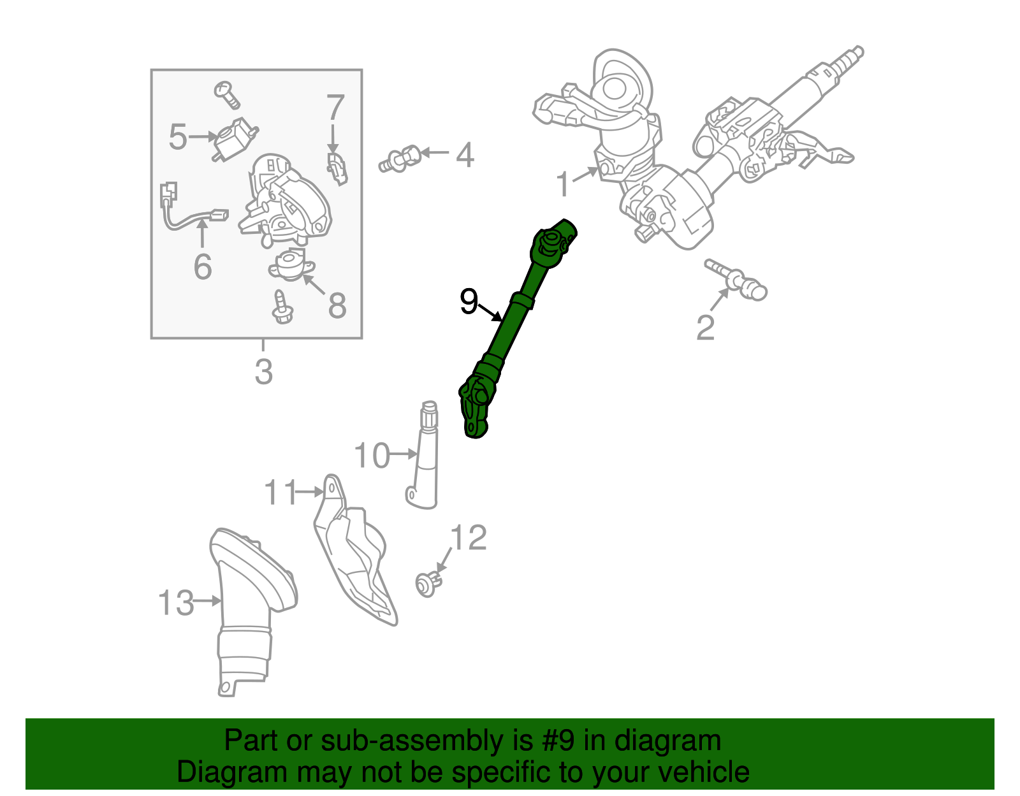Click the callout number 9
[x=469, y=301]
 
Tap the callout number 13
[x=176, y=602]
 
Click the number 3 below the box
[x=263, y=371]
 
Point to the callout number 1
[x=564, y=184]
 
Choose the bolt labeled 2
[x=736, y=280]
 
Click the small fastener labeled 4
[x=400, y=159]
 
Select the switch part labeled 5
[x=235, y=139]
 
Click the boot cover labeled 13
[x=249, y=610]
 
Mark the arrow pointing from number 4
[x=435, y=152]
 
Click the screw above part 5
[x=227, y=95]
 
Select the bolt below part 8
[x=282, y=307]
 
